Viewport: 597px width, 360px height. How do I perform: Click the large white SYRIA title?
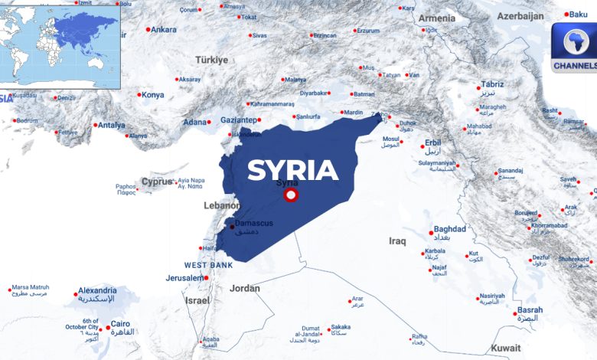pos(292,170)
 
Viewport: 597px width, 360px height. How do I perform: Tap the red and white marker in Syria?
pos(291,195)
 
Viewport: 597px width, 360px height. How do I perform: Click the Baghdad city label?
pos(449,229)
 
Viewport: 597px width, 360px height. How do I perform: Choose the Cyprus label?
pos(157,182)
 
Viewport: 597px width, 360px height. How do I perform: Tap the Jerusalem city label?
pos(184,277)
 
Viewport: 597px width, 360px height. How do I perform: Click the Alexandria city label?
pos(97,290)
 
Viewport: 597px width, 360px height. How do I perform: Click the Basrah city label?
pos(530,310)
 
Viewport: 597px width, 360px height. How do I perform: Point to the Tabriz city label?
pos(492,84)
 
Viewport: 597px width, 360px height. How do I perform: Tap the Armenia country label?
pos(436,18)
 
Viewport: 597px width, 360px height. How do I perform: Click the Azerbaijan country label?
pos(520,16)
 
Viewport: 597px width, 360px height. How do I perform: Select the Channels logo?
pos(575,47)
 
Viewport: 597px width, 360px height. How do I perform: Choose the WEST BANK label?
pos(208,265)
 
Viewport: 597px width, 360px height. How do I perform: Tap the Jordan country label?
pos(244,289)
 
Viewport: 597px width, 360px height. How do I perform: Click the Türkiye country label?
pos(211,60)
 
